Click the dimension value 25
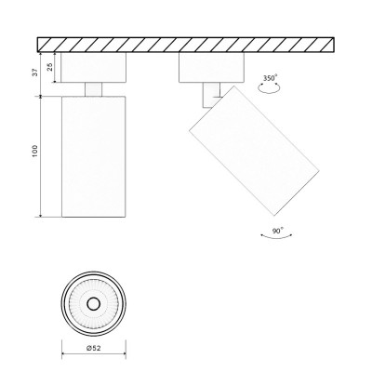pyautogui.click(x=49, y=68)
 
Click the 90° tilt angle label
pyautogui.click(x=278, y=228)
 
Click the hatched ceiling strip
pyautogui.click(x=186, y=45)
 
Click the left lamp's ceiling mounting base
pyautogui.click(x=92, y=68)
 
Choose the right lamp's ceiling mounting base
pyautogui.click(x=211, y=68)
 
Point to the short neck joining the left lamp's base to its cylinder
pyautogui.click(x=92, y=88)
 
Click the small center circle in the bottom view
pyautogui.click(x=92, y=304)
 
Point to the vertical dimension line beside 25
pyautogui.click(x=57, y=68)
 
